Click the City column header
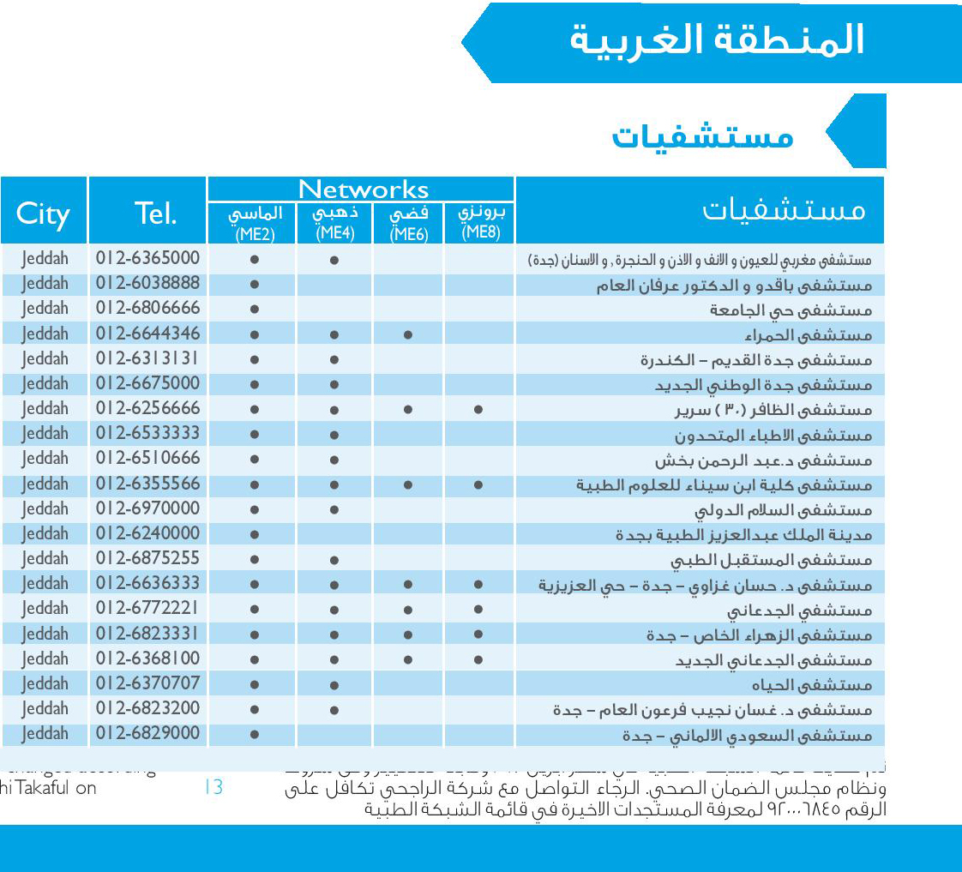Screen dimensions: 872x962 (x=43, y=213)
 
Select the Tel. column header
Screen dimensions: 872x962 (x=155, y=213)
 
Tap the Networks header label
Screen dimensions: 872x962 (x=363, y=189)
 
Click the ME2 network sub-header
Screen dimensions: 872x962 (x=255, y=224)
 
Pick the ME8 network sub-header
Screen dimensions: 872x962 (x=481, y=222)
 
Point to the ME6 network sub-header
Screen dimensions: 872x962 (x=408, y=224)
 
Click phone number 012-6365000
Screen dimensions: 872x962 (x=147, y=258)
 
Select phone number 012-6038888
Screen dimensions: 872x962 (x=147, y=283)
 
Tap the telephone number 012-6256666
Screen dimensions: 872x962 (x=147, y=408)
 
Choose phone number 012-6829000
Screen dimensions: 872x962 (x=147, y=734)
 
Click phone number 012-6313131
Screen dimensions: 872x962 (x=147, y=358)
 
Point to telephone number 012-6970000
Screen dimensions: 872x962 (x=147, y=508)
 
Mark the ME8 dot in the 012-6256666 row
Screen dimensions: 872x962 (x=478, y=411)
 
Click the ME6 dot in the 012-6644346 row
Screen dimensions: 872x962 (x=408, y=335)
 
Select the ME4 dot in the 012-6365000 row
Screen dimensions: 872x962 (x=334, y=260)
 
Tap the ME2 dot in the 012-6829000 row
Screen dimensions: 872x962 (x=255, y=735)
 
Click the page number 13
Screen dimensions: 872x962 (x=213, y=787)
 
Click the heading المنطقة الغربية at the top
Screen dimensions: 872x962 (x=717, y=41)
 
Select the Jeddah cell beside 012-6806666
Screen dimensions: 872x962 (x=45, y=308)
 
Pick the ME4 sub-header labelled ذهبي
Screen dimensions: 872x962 (x=335, y=222)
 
